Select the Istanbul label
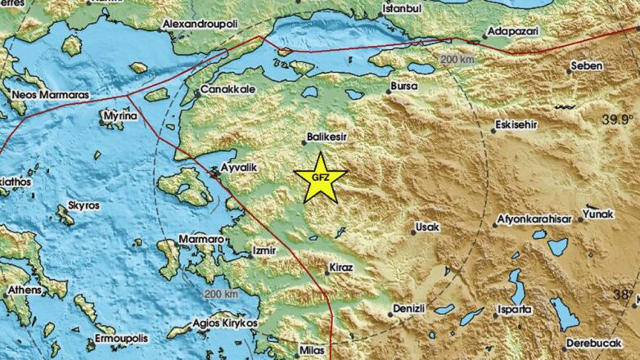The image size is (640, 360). (401, 9)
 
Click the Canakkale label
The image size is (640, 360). (223, 89)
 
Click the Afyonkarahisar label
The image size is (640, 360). (534, 221)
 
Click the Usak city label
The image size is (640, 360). (428, 225)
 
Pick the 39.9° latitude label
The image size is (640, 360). (617, 119)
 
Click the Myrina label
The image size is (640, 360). (114, 117)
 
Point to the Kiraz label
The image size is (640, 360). (340, 267)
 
